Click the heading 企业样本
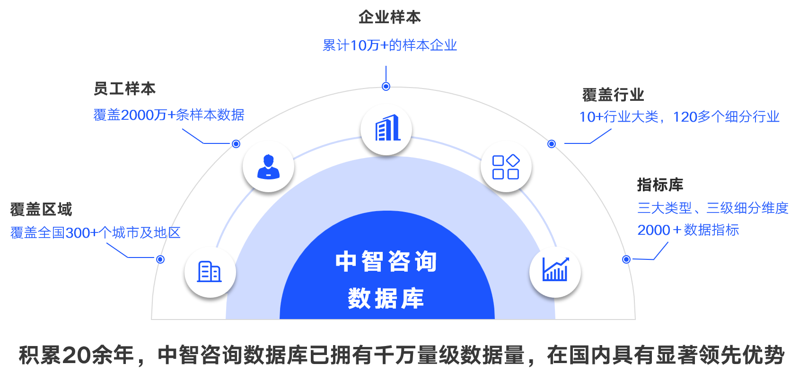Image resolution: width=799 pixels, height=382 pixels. click(x=389, y=18)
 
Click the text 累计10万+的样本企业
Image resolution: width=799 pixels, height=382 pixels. click(x=389, y=45)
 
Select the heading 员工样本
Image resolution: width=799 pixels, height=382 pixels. click(x=124, y=89)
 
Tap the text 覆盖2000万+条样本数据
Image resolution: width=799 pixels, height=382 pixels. click(x=168, y=115)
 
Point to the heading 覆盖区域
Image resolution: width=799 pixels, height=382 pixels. click(x=41, y=209)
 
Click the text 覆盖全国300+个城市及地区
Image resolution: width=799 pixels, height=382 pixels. click(x=95, y=233)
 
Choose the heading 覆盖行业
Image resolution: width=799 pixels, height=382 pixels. click(x=613, y=95)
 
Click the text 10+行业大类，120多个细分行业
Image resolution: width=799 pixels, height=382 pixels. click(x=679, y=117)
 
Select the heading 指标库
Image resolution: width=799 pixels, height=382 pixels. click(x=660, y=185)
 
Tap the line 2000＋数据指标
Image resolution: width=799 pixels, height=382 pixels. click(x=688, y=230)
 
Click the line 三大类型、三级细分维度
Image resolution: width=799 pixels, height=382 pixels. click(x=712, y=208)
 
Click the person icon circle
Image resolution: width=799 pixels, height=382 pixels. click(x=268, y=167)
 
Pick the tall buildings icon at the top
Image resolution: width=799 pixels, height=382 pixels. click(x=386, y=129)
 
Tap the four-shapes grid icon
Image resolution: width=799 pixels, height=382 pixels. click(x=506, y=167)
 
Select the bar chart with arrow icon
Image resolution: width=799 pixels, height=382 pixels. click(x=555, y=271)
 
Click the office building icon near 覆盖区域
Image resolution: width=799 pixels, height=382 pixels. click(x=210, y=272)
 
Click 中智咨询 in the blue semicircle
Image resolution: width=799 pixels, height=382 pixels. click(x=386, y=262)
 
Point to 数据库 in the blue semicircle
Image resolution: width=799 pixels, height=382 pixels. click(x=386, y=298)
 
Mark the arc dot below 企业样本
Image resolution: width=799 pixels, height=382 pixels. click(x=386, y=86)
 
